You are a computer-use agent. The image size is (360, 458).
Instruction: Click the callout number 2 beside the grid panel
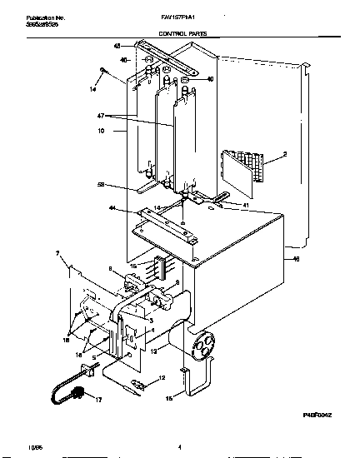pyautogui.click(x=284, y=155)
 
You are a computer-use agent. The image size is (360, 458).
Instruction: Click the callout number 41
pyautogui.click(x=245, y=204)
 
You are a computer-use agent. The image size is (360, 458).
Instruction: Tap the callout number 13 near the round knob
pyautogui.click(x=155, y=351)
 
